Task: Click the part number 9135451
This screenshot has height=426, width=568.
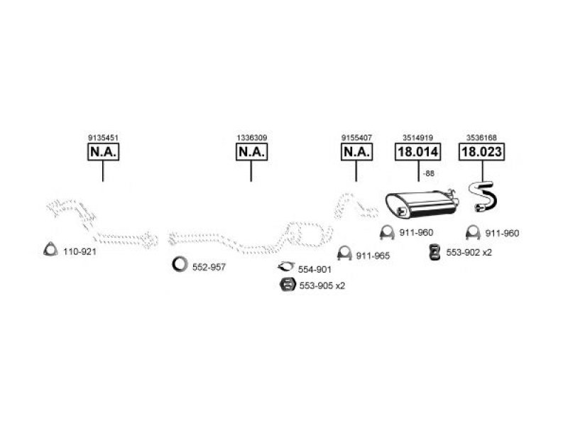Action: pyautogui.click(x=103, y=138)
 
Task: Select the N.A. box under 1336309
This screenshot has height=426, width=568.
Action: pyautogui.click(x=252, y=152)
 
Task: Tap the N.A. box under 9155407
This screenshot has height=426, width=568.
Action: pyautogui.click(x=357, y=152)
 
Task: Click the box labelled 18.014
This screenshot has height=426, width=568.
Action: pyautogui.click(x=417, y=152)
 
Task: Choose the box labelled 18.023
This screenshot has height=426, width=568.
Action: pyautogui.click(x=481, y=152)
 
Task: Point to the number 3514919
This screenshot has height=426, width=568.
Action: pyautogui.click(x=417, y=138)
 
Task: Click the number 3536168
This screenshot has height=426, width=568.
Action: pyautogui.click(x=481, y=138)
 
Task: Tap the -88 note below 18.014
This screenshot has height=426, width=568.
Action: pyautogui.click(x=429, y=173)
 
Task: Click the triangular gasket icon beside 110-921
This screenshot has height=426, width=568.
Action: pyautogui.click(x=50, y=249)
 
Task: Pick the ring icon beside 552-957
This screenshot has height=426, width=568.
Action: pyautogui.click(x=180, y=264)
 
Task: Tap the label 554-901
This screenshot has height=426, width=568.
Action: pyautogui.click(x=315, y=270)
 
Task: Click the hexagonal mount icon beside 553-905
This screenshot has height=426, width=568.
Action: pyautogui.click(x=288, y=285)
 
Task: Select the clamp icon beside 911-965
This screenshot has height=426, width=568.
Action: pyautogui.click(x=344, y=253)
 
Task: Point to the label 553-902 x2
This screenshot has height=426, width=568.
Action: pyautogui.click(x=469, y=253)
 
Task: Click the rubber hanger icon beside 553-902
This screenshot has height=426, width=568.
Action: pyautogui.click(x=435, y=252)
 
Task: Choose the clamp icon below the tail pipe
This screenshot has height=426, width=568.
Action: pyautogui.click(x=473, y=233)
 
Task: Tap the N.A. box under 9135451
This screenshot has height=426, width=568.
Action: pyautogui.click(x=103, y=152)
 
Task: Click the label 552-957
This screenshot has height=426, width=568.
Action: pyautogui.click(x=209, y=268)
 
